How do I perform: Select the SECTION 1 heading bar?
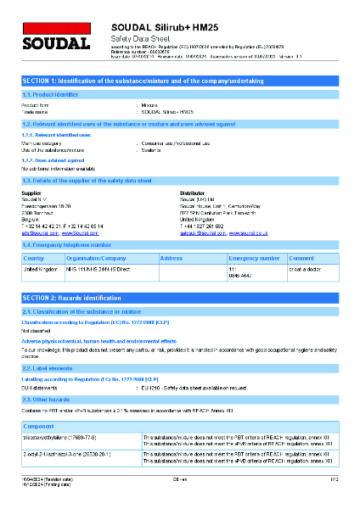point(180,80)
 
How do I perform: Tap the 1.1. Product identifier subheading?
point(49,93)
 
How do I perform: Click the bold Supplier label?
point(31,193)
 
